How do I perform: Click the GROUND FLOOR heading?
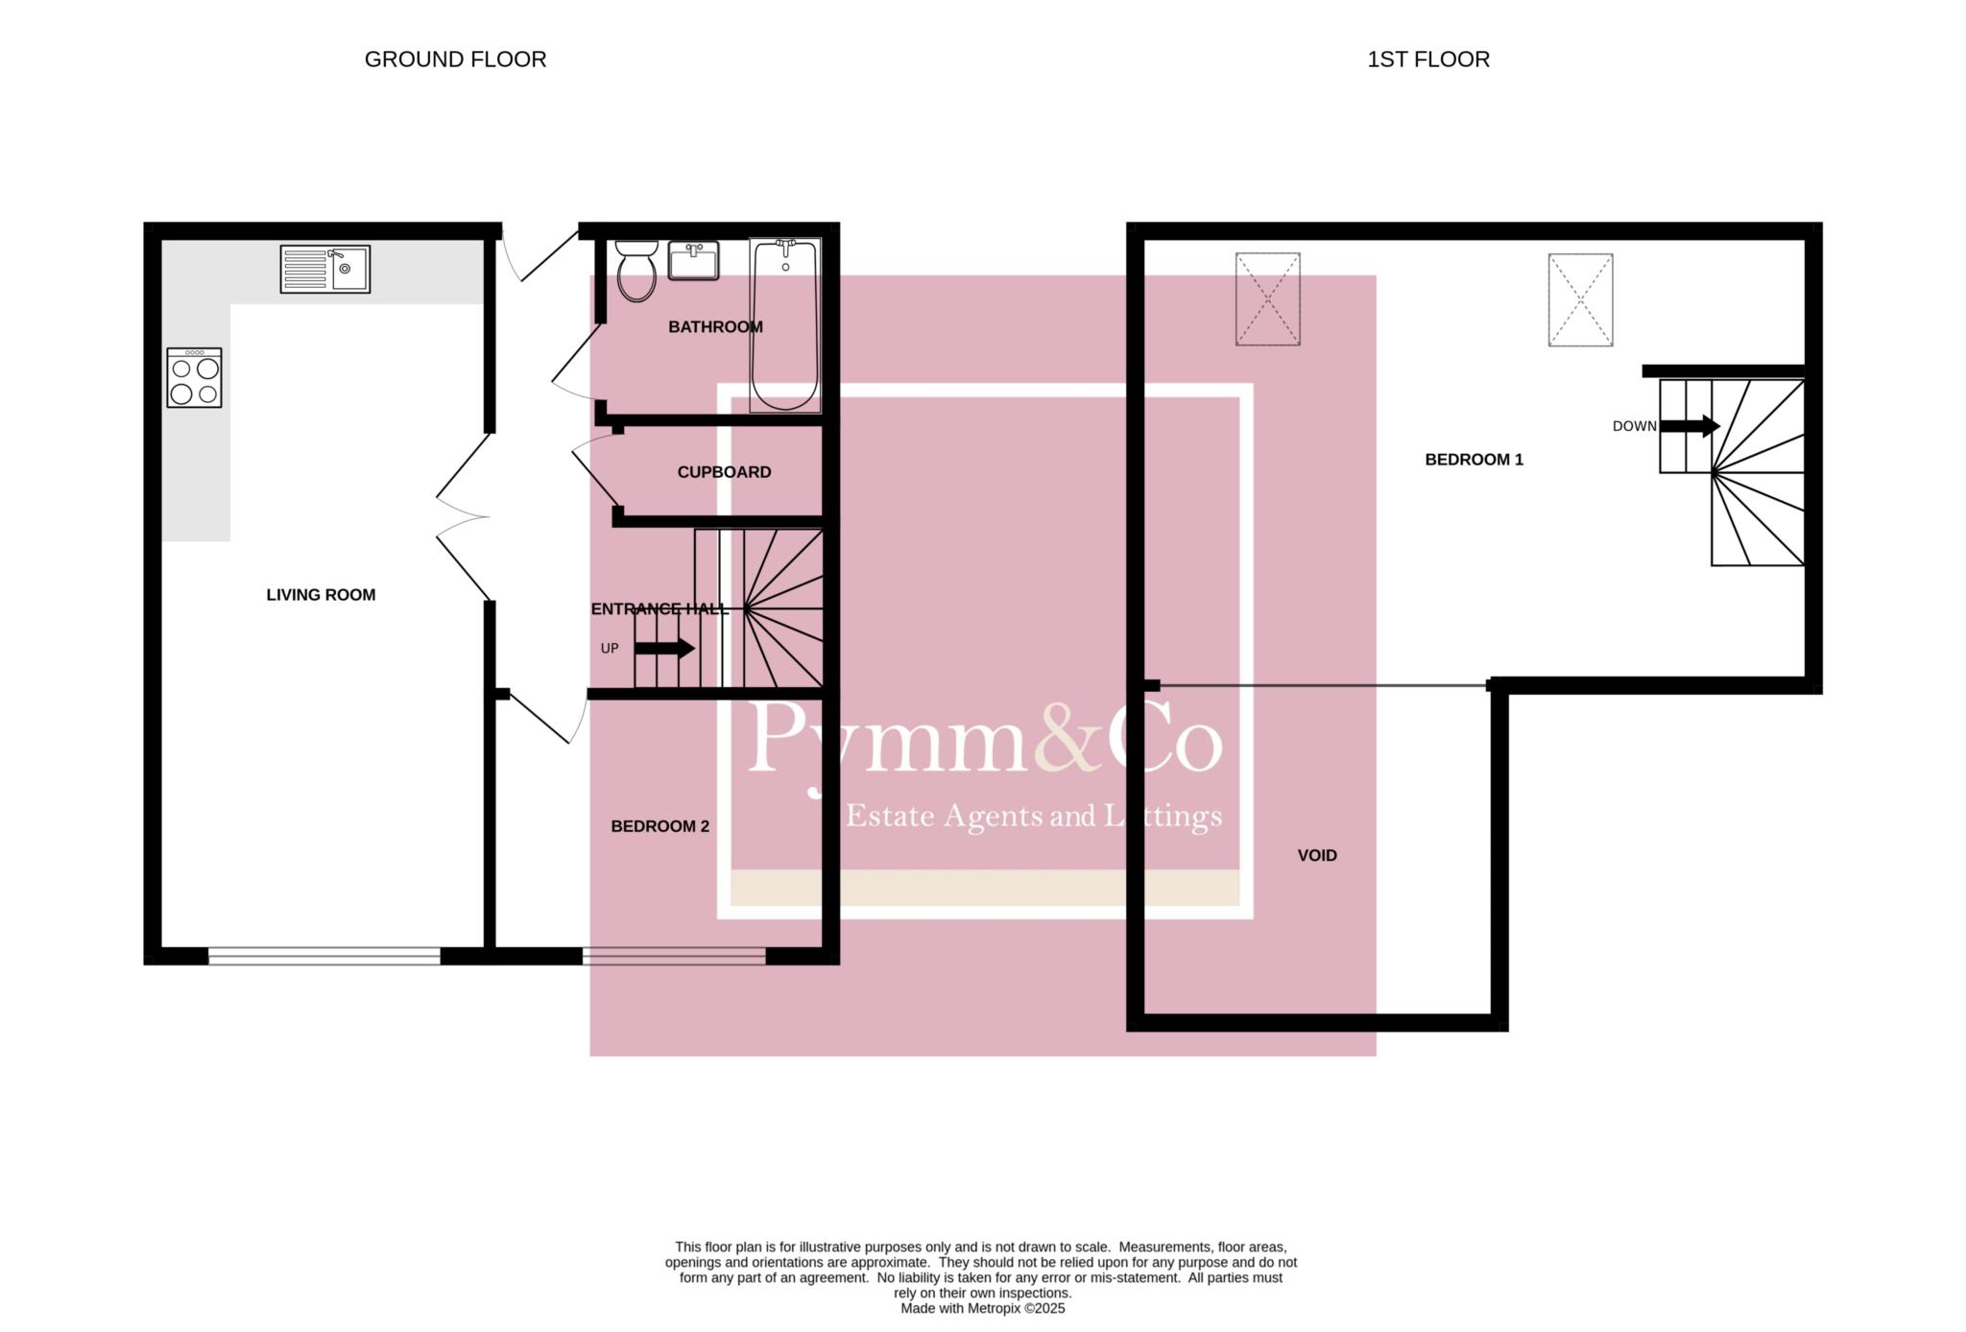point(455,59)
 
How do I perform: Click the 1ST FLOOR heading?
point(1428,59)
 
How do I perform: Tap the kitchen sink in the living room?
point(325,269)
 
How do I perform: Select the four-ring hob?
point(194,377)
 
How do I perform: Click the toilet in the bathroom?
point(635,271)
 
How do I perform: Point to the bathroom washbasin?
point(693,261)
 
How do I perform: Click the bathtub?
point(785,325)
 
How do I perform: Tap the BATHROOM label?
point(715,327)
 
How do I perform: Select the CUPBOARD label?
point(724,472)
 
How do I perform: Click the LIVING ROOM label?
point(321,595)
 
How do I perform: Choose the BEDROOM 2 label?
point(660,826)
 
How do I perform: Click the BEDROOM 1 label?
point(1474,460)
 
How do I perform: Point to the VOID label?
point(1317,856)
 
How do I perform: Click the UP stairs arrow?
point(664,649)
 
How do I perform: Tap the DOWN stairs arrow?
point(1690,426)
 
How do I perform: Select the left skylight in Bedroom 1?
point(1267,298)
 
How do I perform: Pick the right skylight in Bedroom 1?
point(1580,299)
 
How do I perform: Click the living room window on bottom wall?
point(324,956)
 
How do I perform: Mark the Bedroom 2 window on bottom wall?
point(674,956)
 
